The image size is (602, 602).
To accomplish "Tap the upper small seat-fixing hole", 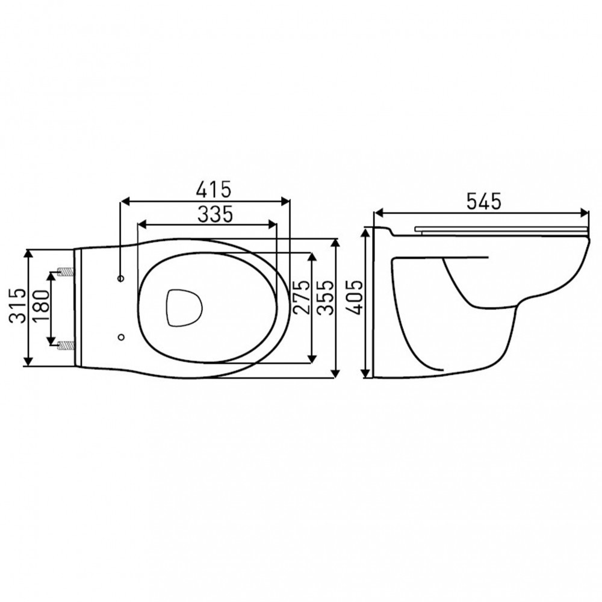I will click(x=121, y=279).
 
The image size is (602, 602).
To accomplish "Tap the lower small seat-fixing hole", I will click(x=121, y=337).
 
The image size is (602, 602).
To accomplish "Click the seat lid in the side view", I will click(x=500, y=228).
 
